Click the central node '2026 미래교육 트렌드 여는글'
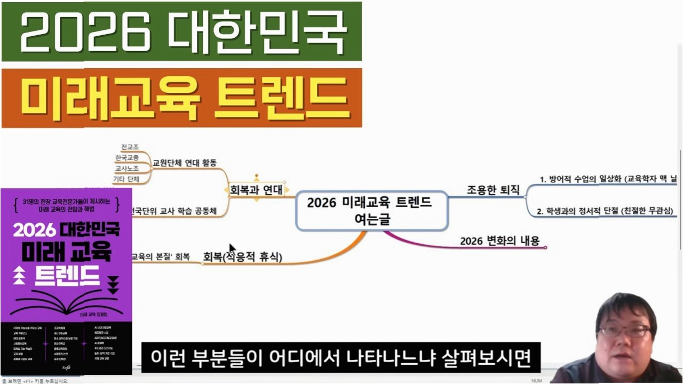(371, 211)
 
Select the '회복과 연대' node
(256, 189)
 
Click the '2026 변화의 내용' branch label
(499, 241)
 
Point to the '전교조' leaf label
(130, 147)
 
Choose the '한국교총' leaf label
(127, 158)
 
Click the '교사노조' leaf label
(127, 169)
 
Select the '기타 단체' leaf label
(126, 180)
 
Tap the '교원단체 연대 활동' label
(185, 163)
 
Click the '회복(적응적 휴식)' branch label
(242, 257)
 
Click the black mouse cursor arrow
(232, 249)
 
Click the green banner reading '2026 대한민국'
(181, 31)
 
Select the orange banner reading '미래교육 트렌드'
(181, 98)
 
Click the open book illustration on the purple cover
(67, 306)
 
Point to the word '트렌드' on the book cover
(67, 274)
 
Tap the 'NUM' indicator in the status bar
(536, 380)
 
